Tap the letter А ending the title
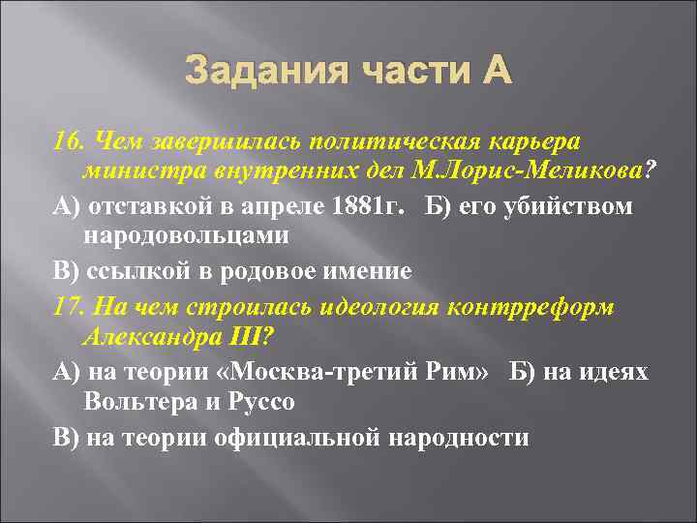491,72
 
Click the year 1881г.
384,206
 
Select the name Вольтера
140,403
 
